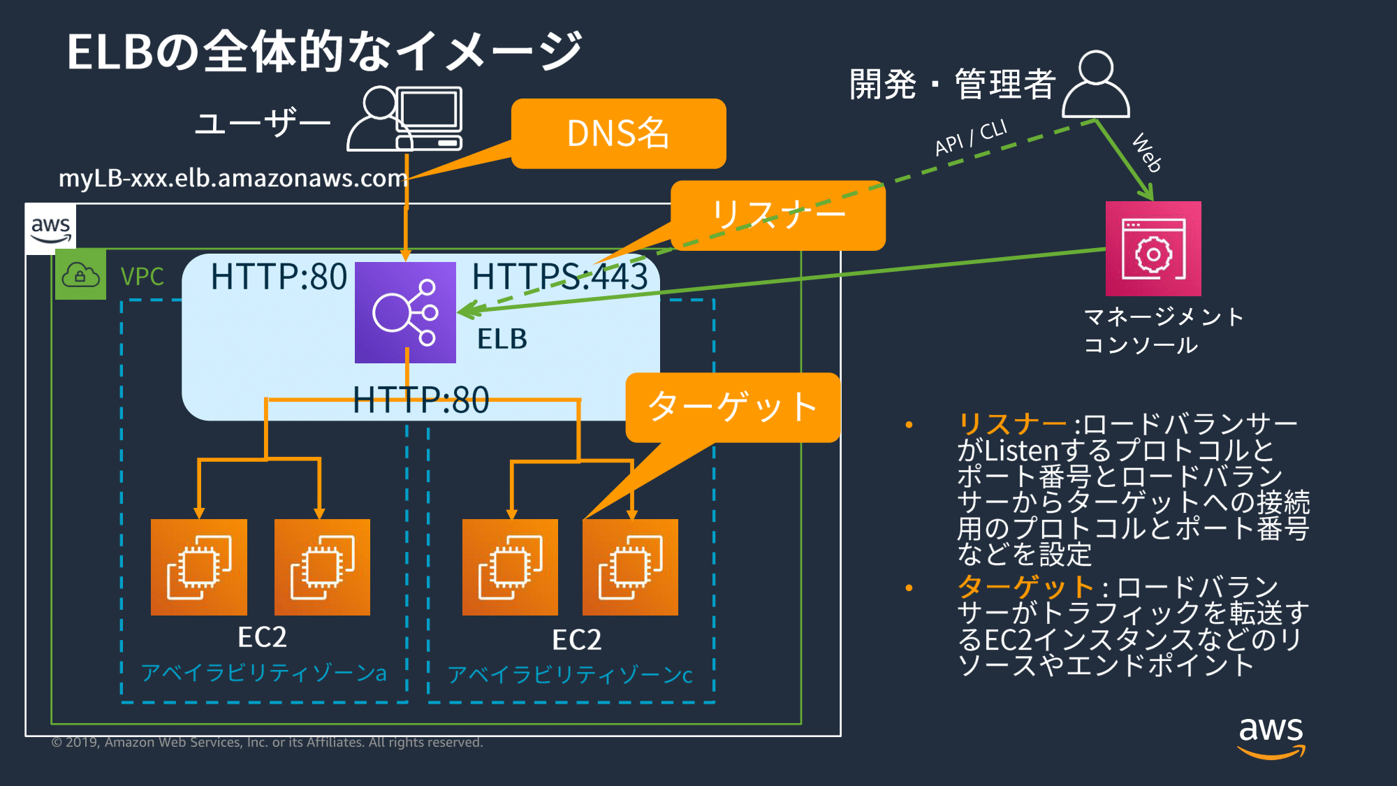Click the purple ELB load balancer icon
point(405,312)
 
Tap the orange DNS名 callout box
point(618,133)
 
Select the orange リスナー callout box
point(777,214)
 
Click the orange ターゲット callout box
point(732,407)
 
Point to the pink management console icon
point(1153,249)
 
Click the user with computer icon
point(405,118)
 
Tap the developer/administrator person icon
point(1095,85)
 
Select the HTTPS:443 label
point(559,276)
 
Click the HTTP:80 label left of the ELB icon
point(279,277)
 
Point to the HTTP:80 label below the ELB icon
point(420,400)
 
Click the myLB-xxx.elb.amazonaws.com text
point(233,178)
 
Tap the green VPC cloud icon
point(80,275)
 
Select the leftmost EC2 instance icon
point(199,567)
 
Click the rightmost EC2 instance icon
point(630,567)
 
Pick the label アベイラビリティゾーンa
point(263,672)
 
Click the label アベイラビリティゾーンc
point(570,674)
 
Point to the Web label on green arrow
point(1146,152)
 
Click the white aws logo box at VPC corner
point(50,228)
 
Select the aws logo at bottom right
point(1271,737)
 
